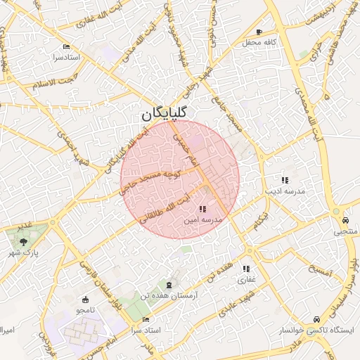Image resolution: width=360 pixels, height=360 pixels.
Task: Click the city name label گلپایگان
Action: pyautogui.click(x=164, y=112)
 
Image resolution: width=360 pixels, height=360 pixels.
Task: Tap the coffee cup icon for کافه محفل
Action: pyautogui.click(x=259, y=32)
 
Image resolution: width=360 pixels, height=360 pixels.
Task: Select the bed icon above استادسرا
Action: pyautogui.click(x=67, y=46)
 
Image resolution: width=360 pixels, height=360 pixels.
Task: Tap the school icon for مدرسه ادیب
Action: pyautogui.click(x=284, y=180)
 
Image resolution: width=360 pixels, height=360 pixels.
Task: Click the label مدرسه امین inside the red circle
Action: pyautogui.click(x=202, y=220)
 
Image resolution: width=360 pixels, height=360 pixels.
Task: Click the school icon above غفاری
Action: pyautogui.click(x=246, y=269)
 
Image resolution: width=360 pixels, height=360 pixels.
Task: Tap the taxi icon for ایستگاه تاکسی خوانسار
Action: pyautogui.click(x=317, y=318)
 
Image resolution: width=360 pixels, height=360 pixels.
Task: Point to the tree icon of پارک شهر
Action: pyautogui.click(x=24, y=241)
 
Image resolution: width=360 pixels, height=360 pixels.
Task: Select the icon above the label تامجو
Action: pyautogui.click(x=86, y=298)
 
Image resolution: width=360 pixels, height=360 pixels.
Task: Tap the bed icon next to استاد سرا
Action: pyautogui.click(x=146, y=320)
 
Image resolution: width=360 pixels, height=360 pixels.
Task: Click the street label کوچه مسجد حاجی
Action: pyautogui.click(x=150, y=179)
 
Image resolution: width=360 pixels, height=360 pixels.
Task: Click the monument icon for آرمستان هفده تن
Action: pyautogui.click(x=168, y=284)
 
